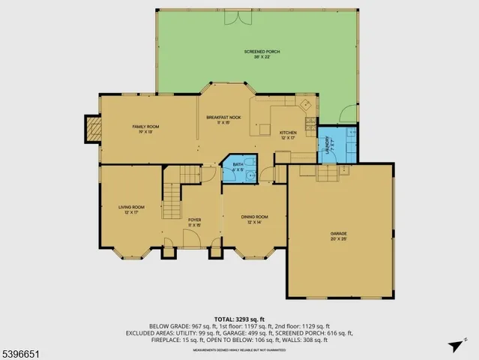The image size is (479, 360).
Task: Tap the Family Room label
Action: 145,129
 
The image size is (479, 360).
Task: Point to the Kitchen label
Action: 288,134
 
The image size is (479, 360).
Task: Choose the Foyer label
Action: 194,222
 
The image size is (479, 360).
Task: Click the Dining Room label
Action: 254,219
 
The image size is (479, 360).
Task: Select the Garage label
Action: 340,235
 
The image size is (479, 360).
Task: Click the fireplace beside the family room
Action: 91,130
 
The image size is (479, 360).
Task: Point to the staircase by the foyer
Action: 172,198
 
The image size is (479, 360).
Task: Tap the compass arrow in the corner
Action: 454,346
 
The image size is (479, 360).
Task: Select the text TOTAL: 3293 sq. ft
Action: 239,318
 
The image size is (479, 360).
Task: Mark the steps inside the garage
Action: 327,174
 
